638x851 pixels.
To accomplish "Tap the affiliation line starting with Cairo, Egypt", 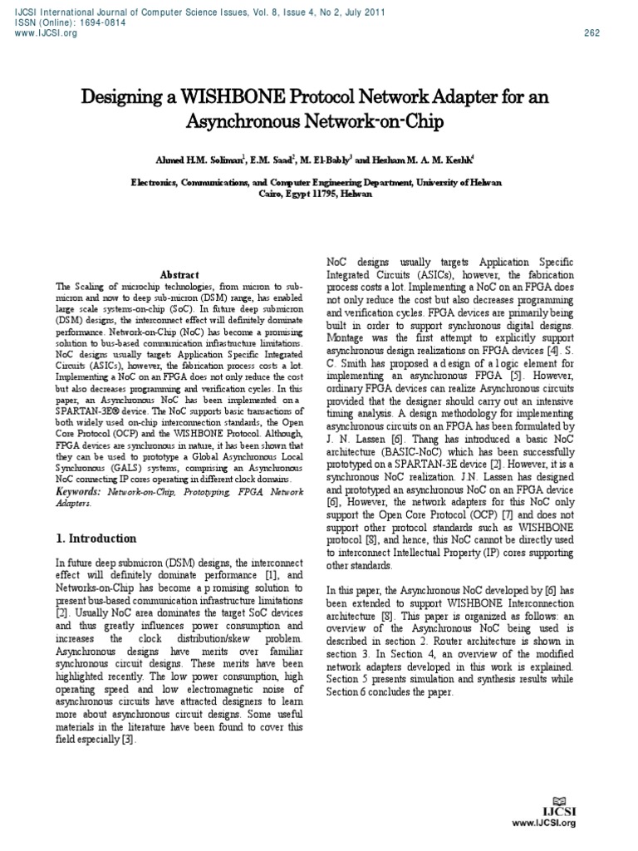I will tap(319, 194).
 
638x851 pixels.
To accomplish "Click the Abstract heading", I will tap(180, 275).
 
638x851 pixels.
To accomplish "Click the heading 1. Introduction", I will tap(96, 539).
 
